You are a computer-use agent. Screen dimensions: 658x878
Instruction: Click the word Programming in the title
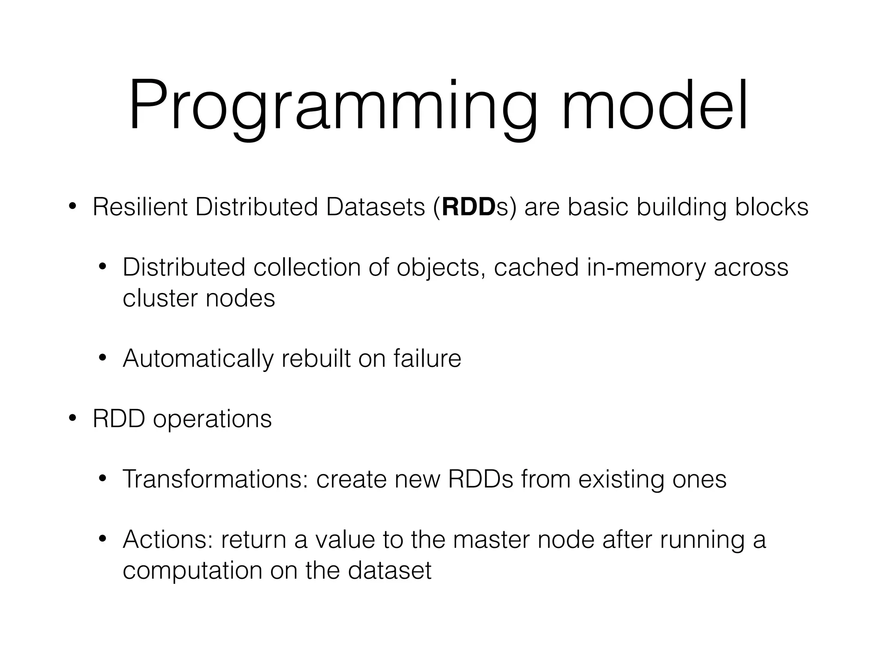click(x=333, y=107)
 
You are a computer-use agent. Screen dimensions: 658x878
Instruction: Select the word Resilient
click(x=140, y=207)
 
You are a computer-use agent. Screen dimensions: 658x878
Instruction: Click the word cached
click(x=536, y=268)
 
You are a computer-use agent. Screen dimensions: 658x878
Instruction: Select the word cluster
click(x=160, y=298)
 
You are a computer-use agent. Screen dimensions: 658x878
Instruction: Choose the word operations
click(x=212, y=419)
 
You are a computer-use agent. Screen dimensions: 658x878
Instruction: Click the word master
click(x=491, y=540)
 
